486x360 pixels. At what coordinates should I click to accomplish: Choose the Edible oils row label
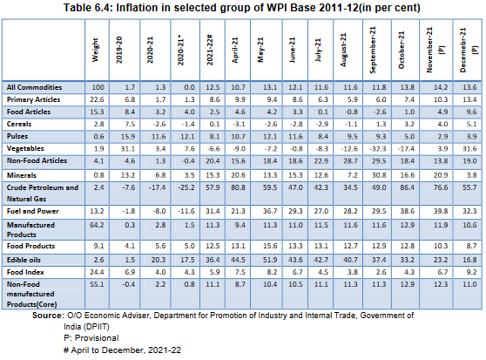click(x=24, y=261)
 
